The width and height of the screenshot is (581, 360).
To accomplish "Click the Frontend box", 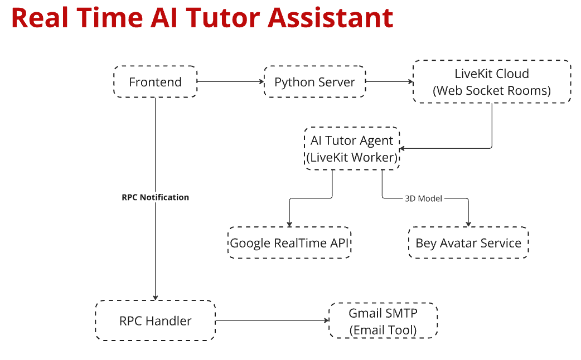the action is click(155, 82).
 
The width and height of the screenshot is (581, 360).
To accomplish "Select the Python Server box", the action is click(314, 82).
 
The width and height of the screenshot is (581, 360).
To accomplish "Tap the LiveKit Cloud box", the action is click(492, 81).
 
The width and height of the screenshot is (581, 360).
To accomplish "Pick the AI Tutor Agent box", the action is click(352, 149).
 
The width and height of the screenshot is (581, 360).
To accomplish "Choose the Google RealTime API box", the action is click(289, 242).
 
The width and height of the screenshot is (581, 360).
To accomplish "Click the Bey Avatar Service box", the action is click(468, 242).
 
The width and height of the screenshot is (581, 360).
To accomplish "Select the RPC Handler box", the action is click(155, 320).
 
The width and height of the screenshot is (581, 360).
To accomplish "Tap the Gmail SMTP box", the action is click(383, 321).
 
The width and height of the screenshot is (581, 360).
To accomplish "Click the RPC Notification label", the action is click(155, 197).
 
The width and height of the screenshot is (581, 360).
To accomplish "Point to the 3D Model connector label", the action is click(423, 198).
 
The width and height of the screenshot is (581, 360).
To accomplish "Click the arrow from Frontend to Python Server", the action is click(230, 81).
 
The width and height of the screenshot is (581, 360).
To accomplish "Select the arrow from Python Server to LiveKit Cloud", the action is click(389, 81).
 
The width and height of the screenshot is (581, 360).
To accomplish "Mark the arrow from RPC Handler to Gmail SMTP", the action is click(272, 320).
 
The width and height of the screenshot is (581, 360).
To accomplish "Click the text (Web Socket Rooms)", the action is click(492, 91).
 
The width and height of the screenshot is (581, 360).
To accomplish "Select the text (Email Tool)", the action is click(383, 330).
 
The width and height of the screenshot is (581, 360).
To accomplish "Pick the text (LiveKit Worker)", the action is click(352, 157).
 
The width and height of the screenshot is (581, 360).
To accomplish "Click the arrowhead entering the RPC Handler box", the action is click(155, 298).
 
